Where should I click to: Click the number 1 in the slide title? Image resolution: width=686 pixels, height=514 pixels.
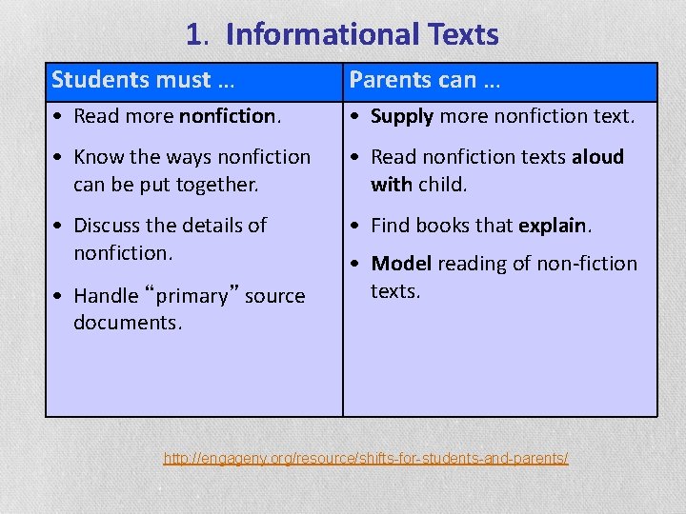(194, 35)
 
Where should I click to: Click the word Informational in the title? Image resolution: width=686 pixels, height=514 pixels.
(318, 35)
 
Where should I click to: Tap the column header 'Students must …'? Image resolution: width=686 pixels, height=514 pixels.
(143, 79)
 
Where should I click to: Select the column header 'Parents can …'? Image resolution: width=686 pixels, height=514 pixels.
(425, 79)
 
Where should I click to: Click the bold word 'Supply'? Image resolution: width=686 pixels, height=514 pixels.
(402, 117)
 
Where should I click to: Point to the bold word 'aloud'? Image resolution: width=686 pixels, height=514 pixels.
(597, 156)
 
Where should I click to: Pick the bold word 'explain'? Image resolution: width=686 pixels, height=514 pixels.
(553, 226)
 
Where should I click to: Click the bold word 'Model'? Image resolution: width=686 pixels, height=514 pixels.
(402, 264)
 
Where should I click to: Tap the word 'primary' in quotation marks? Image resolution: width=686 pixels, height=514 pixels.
(199, 296)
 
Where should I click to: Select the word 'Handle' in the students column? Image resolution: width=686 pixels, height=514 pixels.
(106, 296)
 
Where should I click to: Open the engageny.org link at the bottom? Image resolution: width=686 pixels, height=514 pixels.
(366, 459)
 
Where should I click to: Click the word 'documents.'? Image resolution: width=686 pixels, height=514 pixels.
(128, 323)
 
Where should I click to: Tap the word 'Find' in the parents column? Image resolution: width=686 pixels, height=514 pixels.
(390, 226)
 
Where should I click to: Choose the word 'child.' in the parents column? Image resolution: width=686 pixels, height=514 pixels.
(443, 184)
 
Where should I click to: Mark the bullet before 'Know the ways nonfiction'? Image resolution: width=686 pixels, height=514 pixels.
(60, 157)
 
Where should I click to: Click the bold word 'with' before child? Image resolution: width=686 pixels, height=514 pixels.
(391, 184)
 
